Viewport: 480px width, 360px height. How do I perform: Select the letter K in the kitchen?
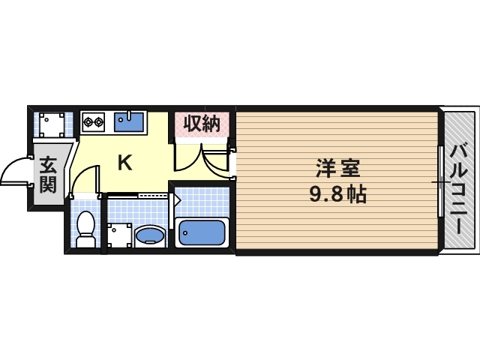[124, 162]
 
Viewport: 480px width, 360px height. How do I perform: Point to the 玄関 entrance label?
[48, 175]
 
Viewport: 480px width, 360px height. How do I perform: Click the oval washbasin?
[151, 236]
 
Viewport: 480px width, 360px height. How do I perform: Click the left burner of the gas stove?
[88, 120]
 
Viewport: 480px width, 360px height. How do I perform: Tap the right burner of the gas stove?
[98, 120]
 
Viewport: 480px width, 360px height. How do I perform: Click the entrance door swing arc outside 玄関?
[13, 170]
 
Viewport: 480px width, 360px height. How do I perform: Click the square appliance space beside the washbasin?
[118, 235]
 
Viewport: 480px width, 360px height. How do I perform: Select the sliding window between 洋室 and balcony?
[441, 181]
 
